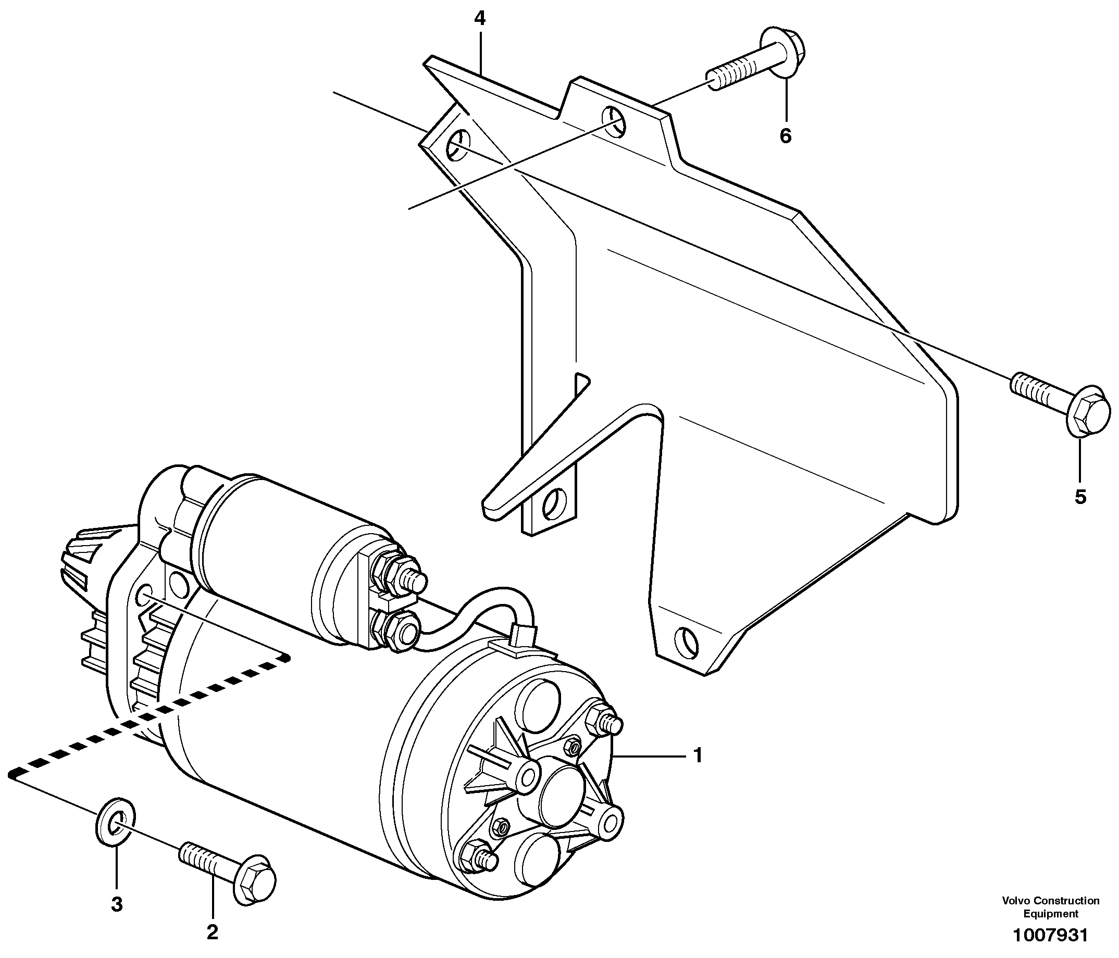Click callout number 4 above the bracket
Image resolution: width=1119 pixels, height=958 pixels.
[480, 19]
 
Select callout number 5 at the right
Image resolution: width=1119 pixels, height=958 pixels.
[1079, 497]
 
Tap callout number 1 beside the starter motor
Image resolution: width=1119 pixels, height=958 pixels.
[698, 755]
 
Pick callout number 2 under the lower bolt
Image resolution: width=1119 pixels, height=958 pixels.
[212, 931]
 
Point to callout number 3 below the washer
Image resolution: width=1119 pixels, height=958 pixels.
[117, 904]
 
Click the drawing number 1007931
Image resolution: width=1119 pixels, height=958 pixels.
[1050, 935]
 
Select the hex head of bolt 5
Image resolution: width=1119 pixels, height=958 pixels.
[1089, 418]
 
